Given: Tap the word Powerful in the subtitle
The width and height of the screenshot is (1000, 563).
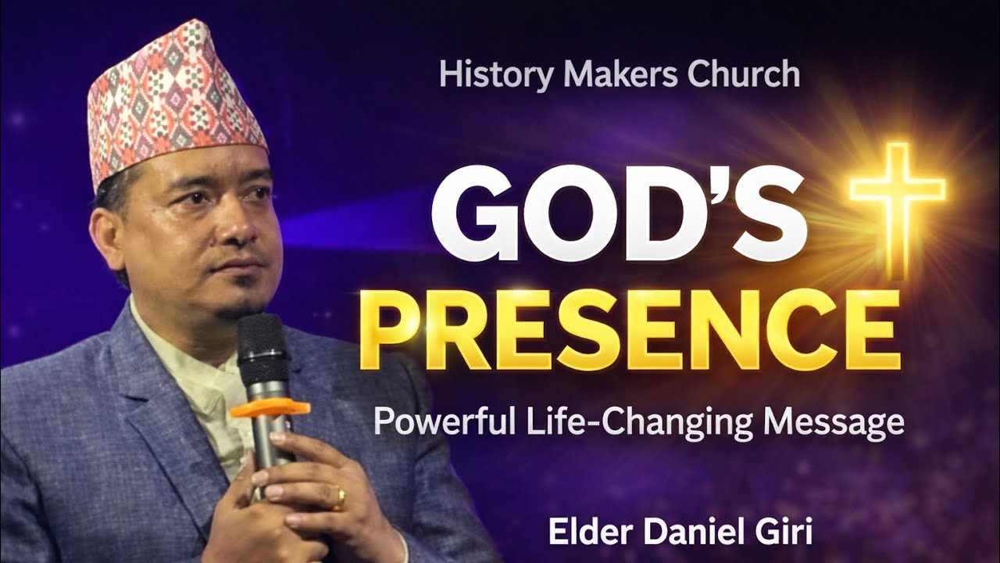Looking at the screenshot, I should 441,422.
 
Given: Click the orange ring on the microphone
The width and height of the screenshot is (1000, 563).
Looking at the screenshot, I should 269,407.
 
